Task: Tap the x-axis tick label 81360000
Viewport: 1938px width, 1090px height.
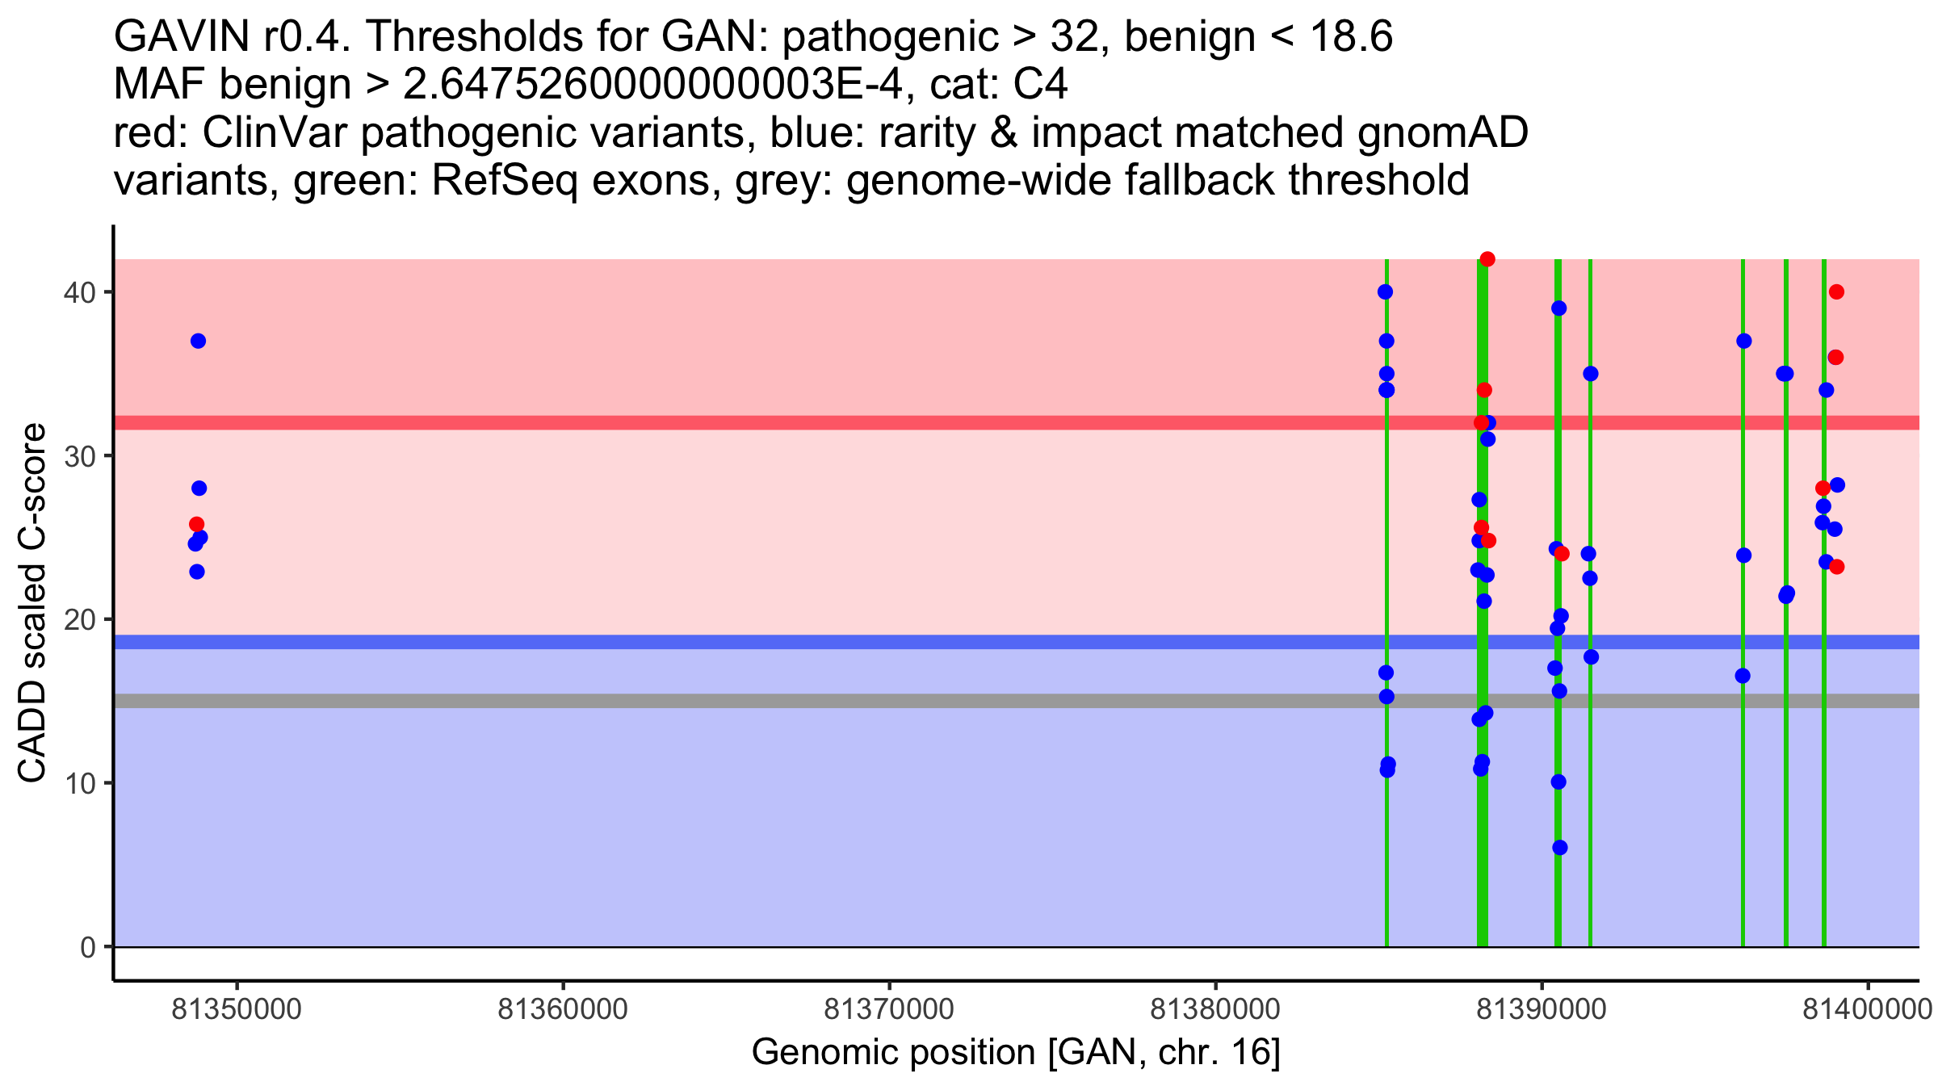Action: [x=562, y=1009]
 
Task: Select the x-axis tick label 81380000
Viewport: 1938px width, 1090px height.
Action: [x=1214, y=1009]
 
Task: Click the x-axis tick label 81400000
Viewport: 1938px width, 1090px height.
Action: [x=1867, y=1009]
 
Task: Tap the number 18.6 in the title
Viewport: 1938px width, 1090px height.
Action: [x=1350, y=37]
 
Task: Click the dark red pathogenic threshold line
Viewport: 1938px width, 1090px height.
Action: [x=807, y=423]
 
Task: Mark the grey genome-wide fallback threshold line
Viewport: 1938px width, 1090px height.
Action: [x=807, y=701]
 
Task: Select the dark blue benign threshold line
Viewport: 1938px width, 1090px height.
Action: [x=807, y=642]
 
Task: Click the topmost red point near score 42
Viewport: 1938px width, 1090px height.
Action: [x=1487, y=259]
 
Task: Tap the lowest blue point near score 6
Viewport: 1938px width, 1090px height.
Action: [x=1560, y=848]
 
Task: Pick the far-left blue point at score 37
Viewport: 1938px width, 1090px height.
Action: [x=199, y=341]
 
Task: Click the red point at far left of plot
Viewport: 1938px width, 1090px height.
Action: [x=196, y=525]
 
